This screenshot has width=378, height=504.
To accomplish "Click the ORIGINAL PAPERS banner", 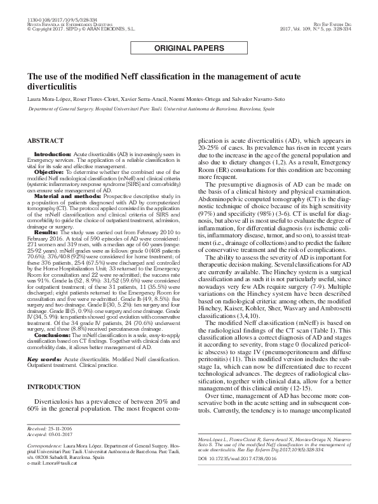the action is click(189, 48).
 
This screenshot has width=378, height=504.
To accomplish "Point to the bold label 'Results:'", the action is click(44, 233).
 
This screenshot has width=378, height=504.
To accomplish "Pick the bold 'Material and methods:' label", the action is click(63, 197).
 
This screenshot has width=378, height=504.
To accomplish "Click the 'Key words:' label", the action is click(43, 359).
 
